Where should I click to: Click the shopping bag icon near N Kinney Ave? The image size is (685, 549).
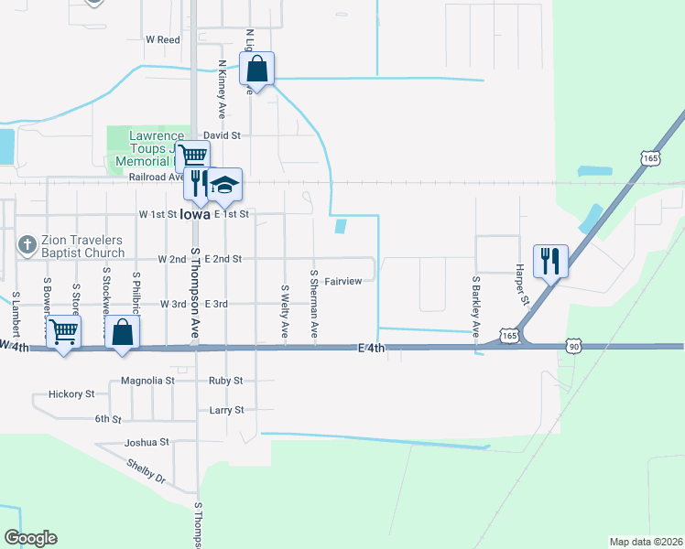pyautogui.click(x=257, y=69)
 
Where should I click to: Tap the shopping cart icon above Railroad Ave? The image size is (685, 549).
pyautogui.click(x=192, y=156)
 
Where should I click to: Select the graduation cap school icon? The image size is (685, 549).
pyautogui.click(x=224, y=185)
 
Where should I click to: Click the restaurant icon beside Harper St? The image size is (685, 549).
pyautogui.click(x=550, y=260)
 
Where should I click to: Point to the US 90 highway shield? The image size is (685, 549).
pyautogui.click(x=573, y=346)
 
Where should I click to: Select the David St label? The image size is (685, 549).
pyautogui.click(x=222, y=135)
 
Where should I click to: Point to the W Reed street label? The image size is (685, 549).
pyautogui.click(x=163, y=40)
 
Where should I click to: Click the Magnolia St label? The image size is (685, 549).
pyautogui.click(x=147, y=381)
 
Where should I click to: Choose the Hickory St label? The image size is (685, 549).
pyautogui.click(x=76, y=394)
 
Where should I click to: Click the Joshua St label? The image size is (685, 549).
pyautogui.click(x=147, y=442)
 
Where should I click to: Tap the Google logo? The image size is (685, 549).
pyautogui.click(x=30, y=538)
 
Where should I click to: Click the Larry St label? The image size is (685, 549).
pyautogui.click(x=226, y=411)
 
